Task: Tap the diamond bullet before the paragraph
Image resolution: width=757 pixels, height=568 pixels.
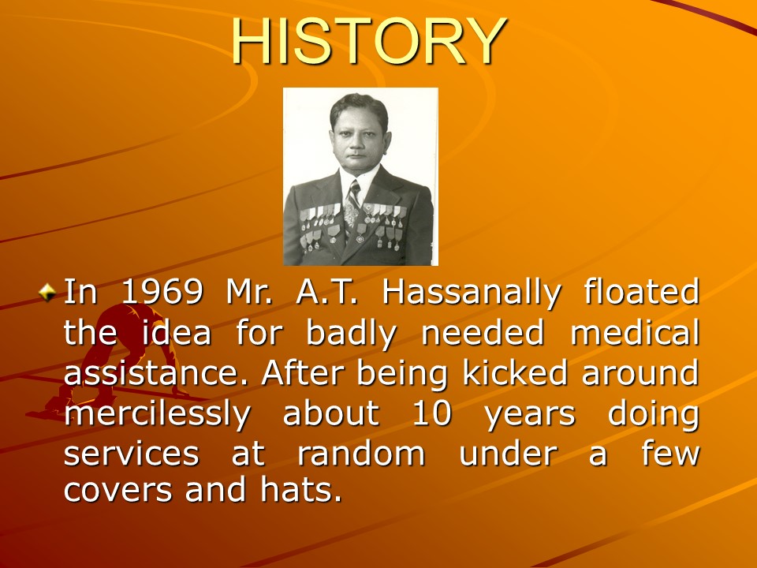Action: click(47, 293)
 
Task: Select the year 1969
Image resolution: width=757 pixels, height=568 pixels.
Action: click(162, 292)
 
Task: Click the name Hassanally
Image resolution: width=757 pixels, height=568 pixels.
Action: click(472, 293)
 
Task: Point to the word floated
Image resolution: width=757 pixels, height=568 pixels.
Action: click(642, 291)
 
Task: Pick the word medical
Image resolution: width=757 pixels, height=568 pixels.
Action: click(635, 332)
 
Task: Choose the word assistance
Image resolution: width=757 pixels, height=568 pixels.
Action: click(156, 373)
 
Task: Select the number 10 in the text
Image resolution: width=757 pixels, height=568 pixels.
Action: click(432, 413)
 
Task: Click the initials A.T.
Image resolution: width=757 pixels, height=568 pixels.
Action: click(326, 292)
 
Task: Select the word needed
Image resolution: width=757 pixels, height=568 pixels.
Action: click(483, 332)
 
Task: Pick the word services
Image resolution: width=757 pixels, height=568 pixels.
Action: click(132, 454)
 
